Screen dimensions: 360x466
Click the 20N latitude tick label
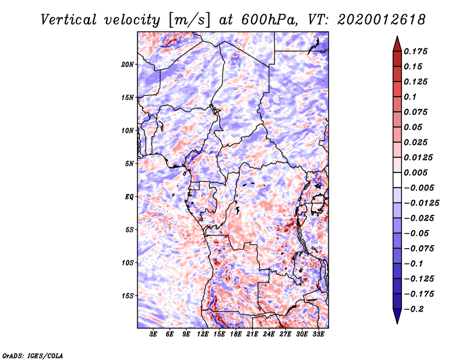(128, 64)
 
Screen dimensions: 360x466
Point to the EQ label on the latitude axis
(129, 197)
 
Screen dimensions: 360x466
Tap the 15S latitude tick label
(128, 296)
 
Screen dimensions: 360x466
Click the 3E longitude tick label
(154, 334)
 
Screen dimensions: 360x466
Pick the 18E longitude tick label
(236, 334)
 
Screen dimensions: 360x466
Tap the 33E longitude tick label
(318, 334)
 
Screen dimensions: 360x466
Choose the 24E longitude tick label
(269, 334)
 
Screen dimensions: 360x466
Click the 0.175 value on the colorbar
(416, 51)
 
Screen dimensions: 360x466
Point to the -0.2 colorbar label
(413, 309)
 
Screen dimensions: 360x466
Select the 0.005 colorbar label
(416, 172)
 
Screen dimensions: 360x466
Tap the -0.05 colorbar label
(415, 233)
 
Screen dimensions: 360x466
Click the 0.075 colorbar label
(416, 112)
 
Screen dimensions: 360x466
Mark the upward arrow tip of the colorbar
(397, 37)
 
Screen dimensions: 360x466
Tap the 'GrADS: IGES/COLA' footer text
(32, 355)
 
